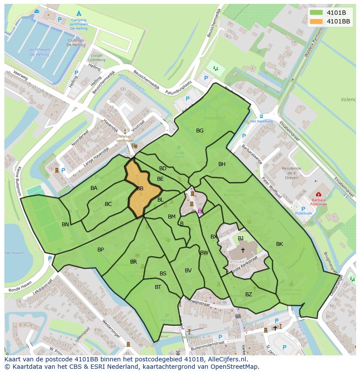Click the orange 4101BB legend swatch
pyautogui.click(x=317, y=21)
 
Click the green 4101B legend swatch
pyautogui.click(x=317, y=13)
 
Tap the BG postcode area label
pyautogui.click(x=200, y=130)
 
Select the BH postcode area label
pyautogui.click(x=222, y=164)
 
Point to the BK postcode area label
pyautogui.click(x=279, y=244)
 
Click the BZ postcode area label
pyautogui.click(x=248, y=294)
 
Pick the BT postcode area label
pyautogui.click(x=158, y=287)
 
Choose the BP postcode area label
pyautogui.click(x=100, y=249)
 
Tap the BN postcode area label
pyautogui.click(x=65, y=224)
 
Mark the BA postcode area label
pyautogui.click(x=94, y=188)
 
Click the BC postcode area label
pyautogui.click(x=108, y=204)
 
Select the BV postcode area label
pyautogui.click(x=188, y=270)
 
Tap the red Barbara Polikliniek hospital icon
pyautogui.click(x=318, y=194)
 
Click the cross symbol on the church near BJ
pyautogui.click(x=243, y=250)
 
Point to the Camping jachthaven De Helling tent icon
pyautogui.click(x=79, y=13)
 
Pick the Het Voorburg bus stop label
pyautogui.click(x=261, y=121)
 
